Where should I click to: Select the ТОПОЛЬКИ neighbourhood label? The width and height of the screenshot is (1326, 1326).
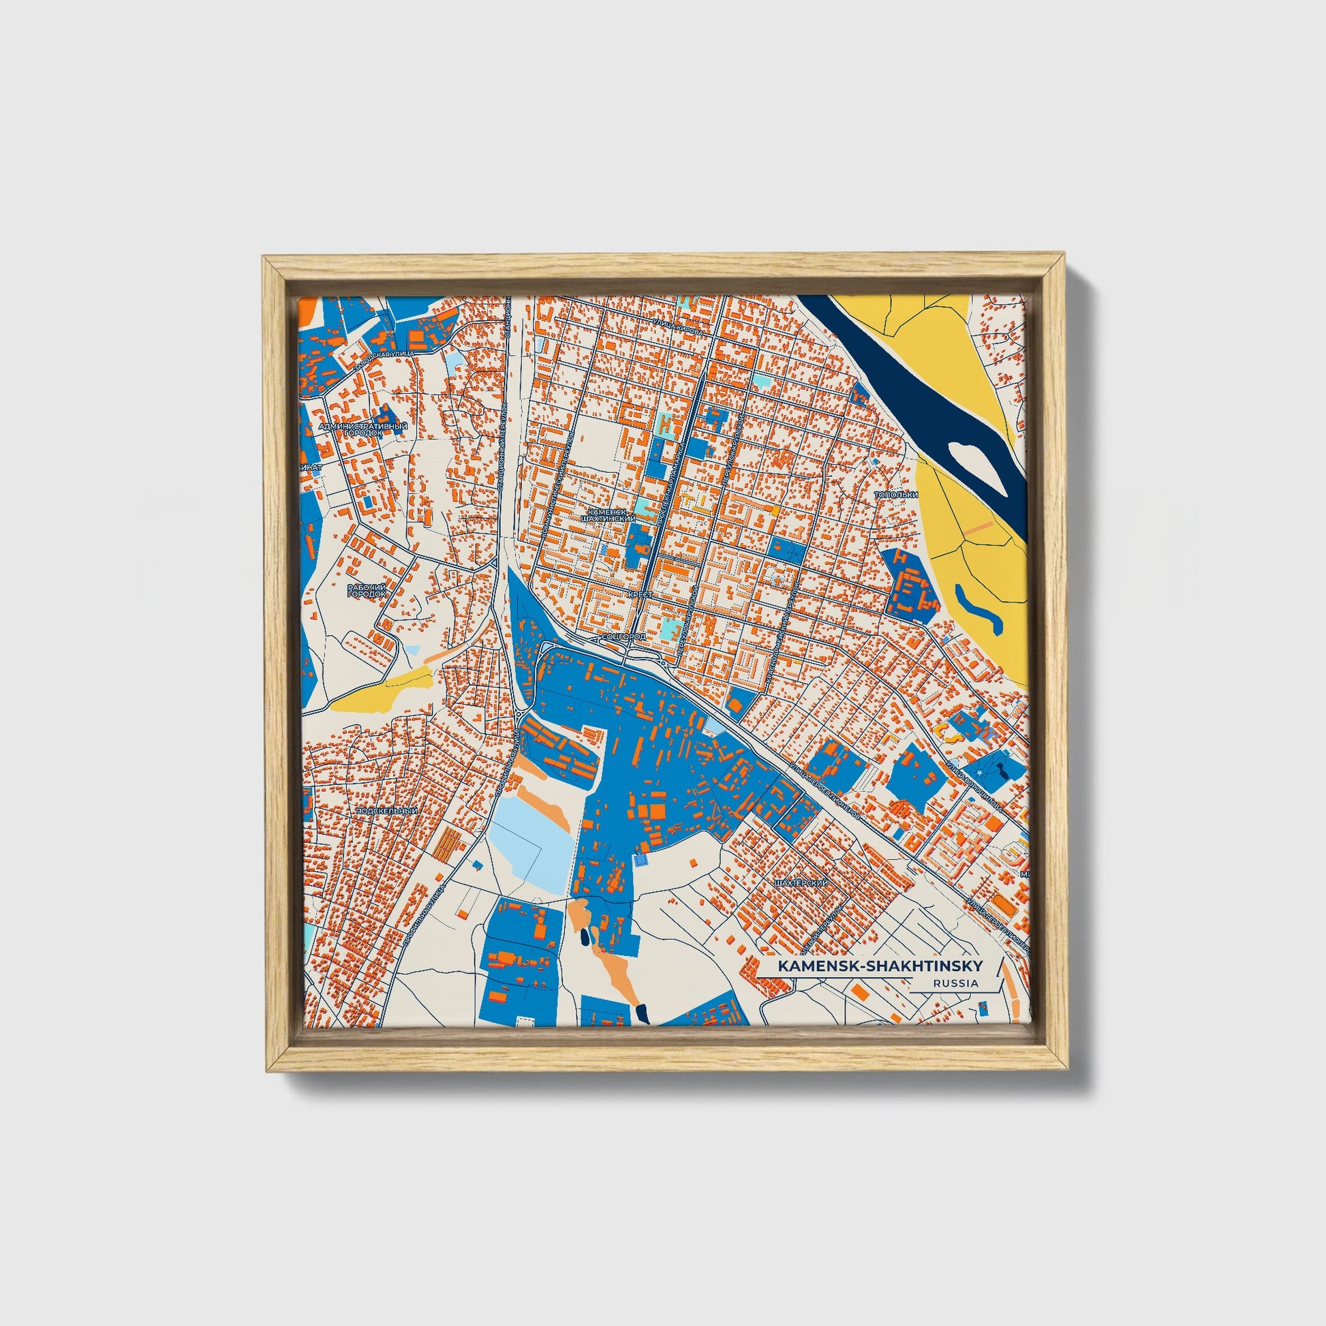(x=895, y=495)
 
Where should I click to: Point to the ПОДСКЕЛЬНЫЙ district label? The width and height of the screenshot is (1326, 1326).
(x=387, y=811)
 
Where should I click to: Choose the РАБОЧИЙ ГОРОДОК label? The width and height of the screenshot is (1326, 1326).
(x=367, y=590)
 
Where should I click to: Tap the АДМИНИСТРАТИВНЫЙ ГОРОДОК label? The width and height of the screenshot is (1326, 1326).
(x=364, y=430)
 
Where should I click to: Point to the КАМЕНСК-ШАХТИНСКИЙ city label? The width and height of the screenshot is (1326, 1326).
(x=606, y=515)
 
